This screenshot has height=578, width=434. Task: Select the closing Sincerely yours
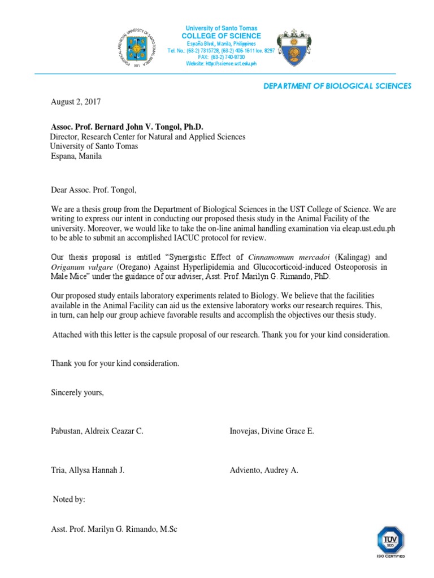[77, 393]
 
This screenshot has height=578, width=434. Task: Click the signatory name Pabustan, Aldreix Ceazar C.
[97, 431]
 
